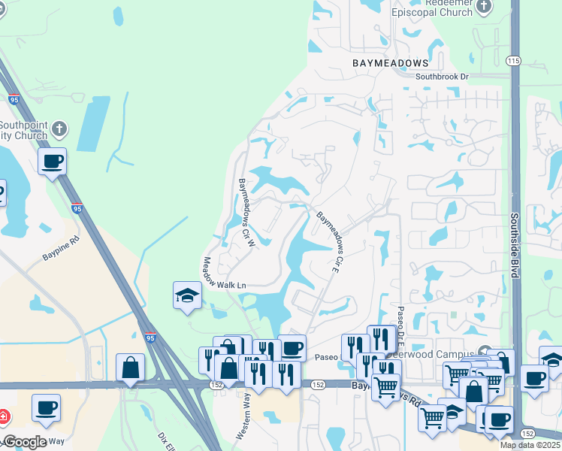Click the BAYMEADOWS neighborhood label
(391, 63)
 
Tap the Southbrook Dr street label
(442, 77)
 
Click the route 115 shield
(514, 61)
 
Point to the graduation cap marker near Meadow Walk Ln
(187, 295)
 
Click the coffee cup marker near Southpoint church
(52, 161)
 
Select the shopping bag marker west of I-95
(131, 368)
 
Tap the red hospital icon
(4, 416)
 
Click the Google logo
(25, 442)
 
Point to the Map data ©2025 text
(530, 445)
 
